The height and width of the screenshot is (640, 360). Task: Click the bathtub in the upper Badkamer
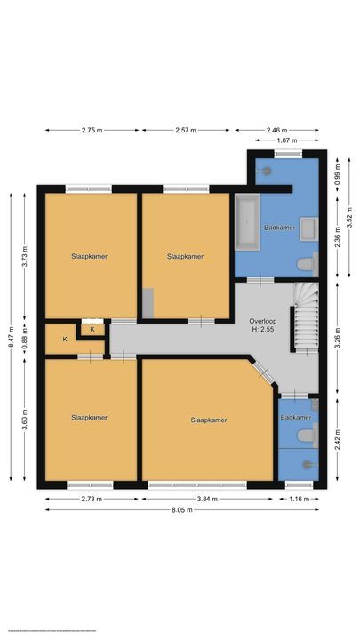coord(246,223)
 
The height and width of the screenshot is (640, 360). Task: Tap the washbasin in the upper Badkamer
coord(309,228)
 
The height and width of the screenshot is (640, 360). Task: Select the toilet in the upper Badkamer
coord(307,262)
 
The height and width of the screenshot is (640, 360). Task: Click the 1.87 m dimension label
coord(287,140)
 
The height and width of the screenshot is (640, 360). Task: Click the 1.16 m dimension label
coord(299,499)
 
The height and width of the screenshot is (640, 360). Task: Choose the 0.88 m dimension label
coord(26,338)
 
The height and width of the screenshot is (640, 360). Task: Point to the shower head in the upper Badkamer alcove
coord(266,168)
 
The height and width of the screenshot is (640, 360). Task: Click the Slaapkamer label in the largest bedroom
coord(208,420)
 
